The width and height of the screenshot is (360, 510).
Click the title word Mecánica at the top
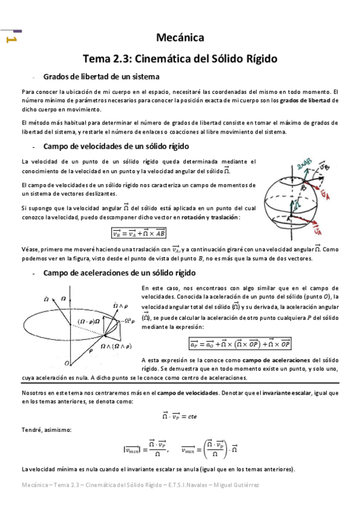180,38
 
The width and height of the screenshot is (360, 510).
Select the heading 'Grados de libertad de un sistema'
101,77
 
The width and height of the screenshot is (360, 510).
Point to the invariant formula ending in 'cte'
179,416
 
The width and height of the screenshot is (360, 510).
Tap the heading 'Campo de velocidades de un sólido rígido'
117,146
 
